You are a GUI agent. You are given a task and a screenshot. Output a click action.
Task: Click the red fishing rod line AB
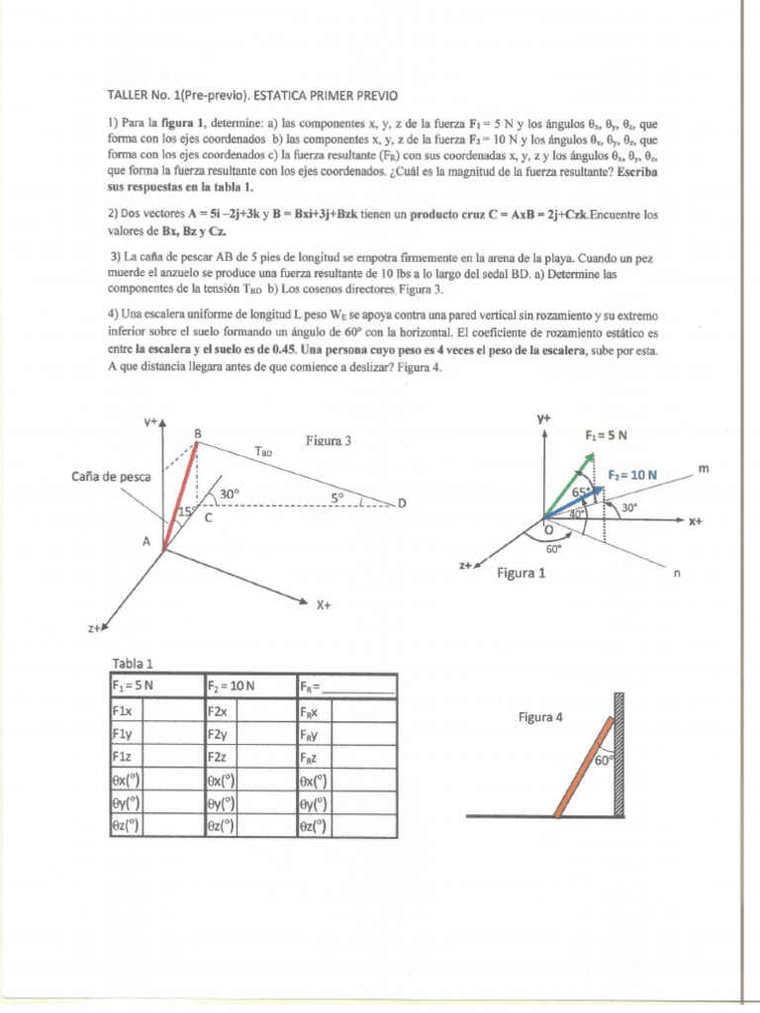tap(181, 495)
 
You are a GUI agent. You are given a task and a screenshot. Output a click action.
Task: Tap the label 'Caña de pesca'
tap(111, 477)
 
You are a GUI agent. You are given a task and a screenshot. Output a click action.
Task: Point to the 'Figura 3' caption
tap(330, 441)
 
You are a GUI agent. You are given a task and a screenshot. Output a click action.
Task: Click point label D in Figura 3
tap(402, 504)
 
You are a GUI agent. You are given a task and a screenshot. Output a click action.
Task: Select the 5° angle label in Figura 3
tap(337, 498)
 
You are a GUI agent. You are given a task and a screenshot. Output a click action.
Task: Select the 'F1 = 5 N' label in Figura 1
tap(607, 434)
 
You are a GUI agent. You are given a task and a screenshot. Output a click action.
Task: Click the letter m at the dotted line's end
tap(705, 466)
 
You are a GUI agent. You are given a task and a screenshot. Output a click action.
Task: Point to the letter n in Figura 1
tap(677, 571)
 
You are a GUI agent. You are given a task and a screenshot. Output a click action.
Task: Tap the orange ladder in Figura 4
tap(586, 768)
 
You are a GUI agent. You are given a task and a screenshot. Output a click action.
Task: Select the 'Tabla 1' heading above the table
tap(133, 664)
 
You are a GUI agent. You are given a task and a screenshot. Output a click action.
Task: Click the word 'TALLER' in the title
tap(132, 95)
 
